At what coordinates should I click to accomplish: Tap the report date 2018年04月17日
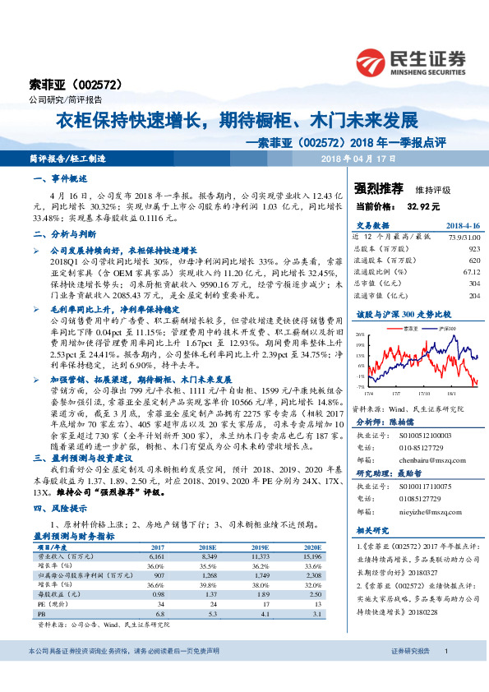[x=353, y=158]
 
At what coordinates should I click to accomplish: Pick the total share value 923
[x=473, y=247]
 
